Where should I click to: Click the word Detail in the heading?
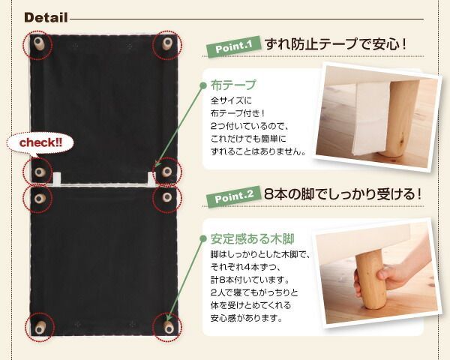click(x=46, y=17)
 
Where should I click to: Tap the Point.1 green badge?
click(x=233, y=49)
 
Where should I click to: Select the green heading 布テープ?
click(x=233, y=85)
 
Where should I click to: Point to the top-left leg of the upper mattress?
click(x=37, y=44)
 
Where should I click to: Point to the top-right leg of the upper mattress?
click(x=167, y=44)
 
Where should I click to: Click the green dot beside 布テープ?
click(x=203, y=85)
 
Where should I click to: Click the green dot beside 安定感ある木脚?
click(x=203, y=240)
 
